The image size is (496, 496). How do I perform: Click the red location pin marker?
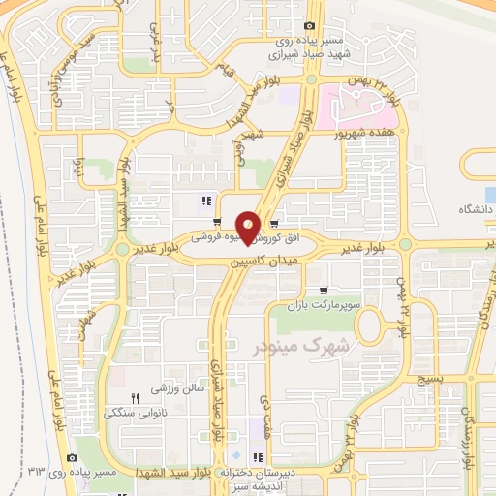pos(248,228)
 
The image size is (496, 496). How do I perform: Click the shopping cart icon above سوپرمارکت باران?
pos(324,290)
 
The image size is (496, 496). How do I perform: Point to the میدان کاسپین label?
pos(261,262)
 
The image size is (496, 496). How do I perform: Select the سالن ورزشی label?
pos(175,389)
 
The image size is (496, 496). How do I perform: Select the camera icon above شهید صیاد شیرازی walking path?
pos(309,26)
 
